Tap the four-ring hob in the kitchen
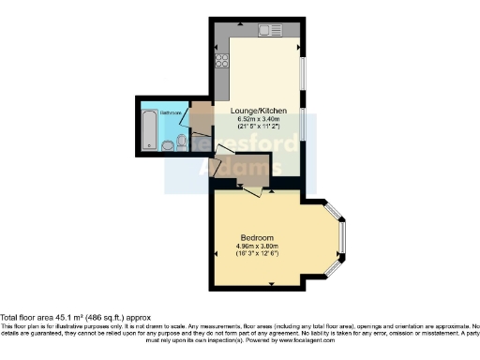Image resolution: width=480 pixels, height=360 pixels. click(223, 62)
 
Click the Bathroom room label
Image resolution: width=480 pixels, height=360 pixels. click(171, 112)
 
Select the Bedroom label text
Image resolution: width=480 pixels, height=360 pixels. click(256, 237)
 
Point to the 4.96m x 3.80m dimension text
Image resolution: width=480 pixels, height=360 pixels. click(256, 247)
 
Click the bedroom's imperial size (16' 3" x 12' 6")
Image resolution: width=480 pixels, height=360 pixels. click(256, 254)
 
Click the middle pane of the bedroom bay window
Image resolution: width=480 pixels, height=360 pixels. click(342, 240)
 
